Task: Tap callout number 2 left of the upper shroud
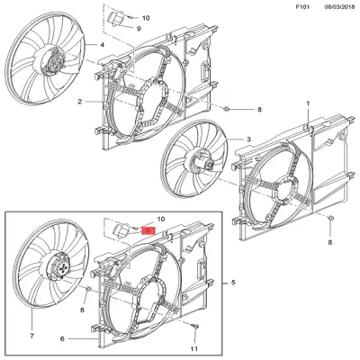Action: (79, 102)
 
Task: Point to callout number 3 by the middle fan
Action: (248, 139)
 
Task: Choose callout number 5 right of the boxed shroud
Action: (233, 283)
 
